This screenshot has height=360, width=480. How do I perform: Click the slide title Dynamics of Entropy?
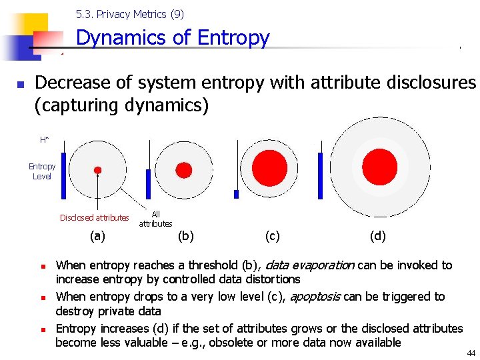point(173,38)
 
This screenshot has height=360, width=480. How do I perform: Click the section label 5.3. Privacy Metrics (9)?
point(130,14)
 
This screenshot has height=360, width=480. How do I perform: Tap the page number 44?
point(471,353)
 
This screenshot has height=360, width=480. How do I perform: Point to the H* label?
point(44,139)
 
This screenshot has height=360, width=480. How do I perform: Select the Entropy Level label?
point(42,171)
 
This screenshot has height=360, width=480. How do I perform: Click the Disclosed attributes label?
point(94,217)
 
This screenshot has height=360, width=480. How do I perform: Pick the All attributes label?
point(155,219)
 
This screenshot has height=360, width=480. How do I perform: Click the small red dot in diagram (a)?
point(97,170)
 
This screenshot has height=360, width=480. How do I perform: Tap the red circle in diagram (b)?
point(183,168)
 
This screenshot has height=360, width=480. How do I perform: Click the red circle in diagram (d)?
point(379,167)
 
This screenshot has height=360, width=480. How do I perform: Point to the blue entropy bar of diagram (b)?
point(148,184)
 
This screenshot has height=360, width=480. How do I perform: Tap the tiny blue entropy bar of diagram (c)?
point(236,194)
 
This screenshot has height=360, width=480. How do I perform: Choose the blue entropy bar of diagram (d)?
point(320,175)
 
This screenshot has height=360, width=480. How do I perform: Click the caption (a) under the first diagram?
point(97,235)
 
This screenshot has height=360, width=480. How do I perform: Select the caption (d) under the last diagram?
point(377,235)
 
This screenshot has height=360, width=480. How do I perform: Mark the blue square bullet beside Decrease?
point(20,85)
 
